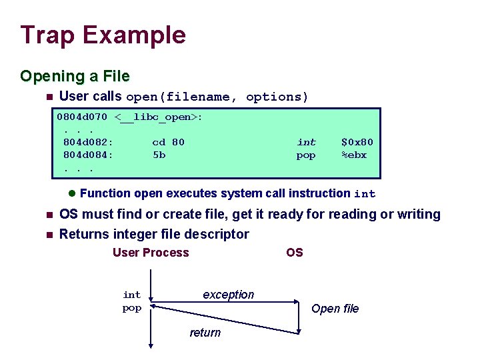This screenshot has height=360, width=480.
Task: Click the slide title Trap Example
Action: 103,35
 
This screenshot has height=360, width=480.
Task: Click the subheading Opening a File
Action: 75,76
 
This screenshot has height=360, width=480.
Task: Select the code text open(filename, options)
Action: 217,97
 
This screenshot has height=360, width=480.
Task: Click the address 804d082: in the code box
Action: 88,142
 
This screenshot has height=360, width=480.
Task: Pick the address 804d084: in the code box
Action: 88,155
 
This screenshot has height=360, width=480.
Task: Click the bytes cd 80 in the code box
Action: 168,142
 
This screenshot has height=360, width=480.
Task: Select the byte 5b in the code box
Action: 159,155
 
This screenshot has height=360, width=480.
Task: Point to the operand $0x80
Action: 357,142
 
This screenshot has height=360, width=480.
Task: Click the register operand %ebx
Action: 354,155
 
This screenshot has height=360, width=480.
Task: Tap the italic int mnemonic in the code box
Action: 306,142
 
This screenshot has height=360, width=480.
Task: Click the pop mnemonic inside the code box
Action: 306,156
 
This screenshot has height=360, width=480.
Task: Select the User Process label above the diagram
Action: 151,253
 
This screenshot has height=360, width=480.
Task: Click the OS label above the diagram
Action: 294,253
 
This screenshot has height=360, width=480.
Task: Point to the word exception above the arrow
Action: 228,295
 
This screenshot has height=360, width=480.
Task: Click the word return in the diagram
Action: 205,333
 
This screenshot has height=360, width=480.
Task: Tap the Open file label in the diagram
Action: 335,309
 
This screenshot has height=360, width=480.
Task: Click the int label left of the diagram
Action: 132,295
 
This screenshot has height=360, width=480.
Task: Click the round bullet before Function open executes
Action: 72,194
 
